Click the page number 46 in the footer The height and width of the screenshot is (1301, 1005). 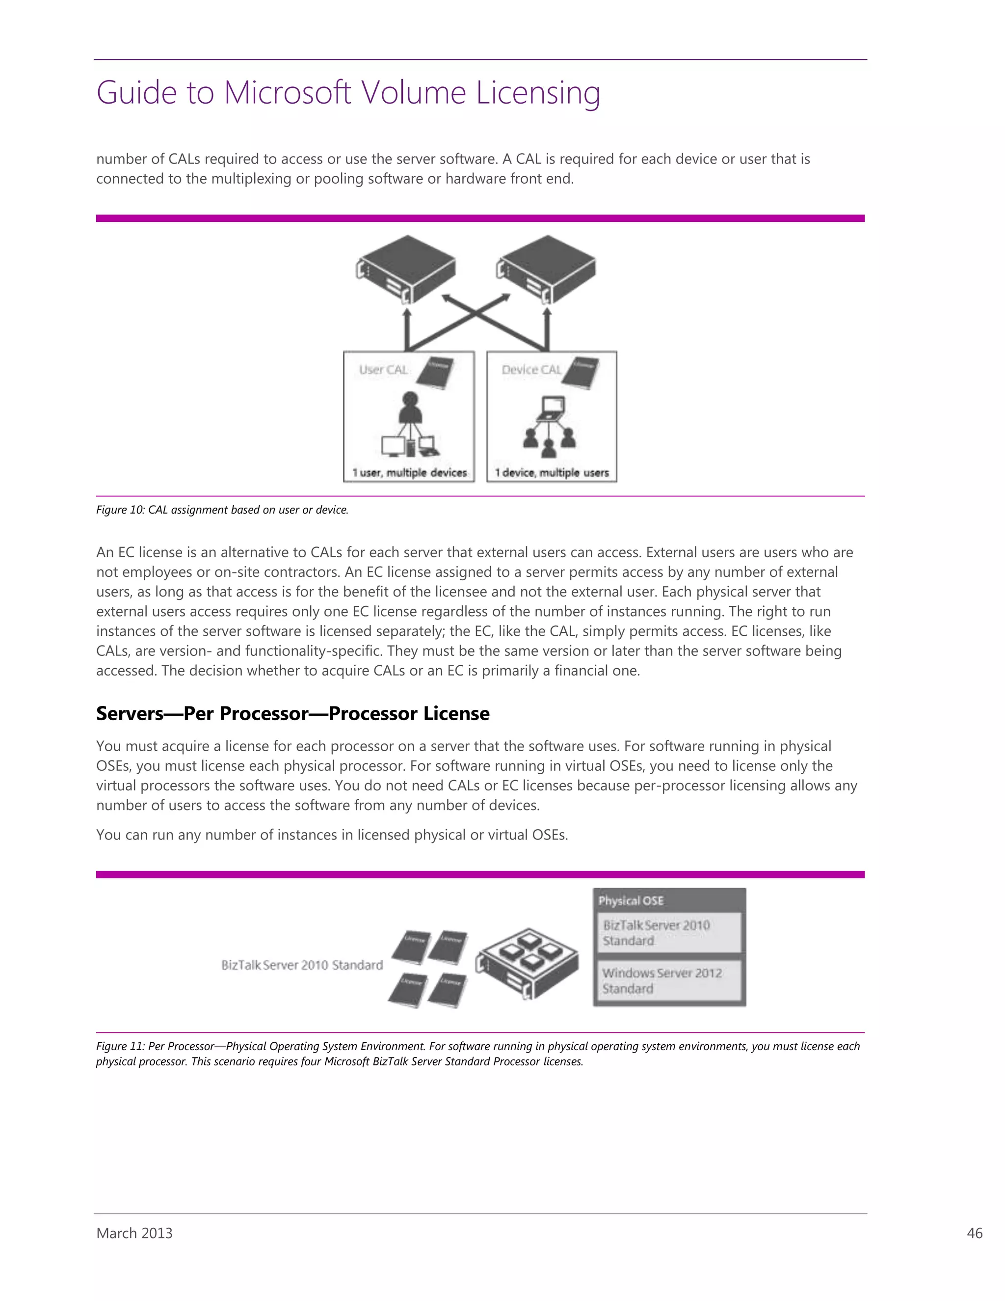(974, 1233)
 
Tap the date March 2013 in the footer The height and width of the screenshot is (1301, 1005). (134, 1233)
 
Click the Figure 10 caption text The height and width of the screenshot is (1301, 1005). (222, 510)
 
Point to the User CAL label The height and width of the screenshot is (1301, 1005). (383, 370)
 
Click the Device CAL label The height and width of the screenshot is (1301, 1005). (531, 370)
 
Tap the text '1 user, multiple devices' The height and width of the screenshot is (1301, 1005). (410, 472)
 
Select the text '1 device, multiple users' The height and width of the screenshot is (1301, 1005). (552, 472)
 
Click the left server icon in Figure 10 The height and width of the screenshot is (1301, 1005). (406, 269)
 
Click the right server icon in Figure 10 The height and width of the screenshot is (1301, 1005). (547, 269)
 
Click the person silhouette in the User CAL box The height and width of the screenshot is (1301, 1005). (410, 407)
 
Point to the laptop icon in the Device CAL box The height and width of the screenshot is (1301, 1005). (550, 408)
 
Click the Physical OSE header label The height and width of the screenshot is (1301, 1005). (631, 901)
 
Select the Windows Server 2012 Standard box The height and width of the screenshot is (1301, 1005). (669, 980)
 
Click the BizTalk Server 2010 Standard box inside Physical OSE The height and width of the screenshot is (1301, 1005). (669, 933)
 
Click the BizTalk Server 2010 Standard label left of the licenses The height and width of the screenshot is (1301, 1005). (302, 965)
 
